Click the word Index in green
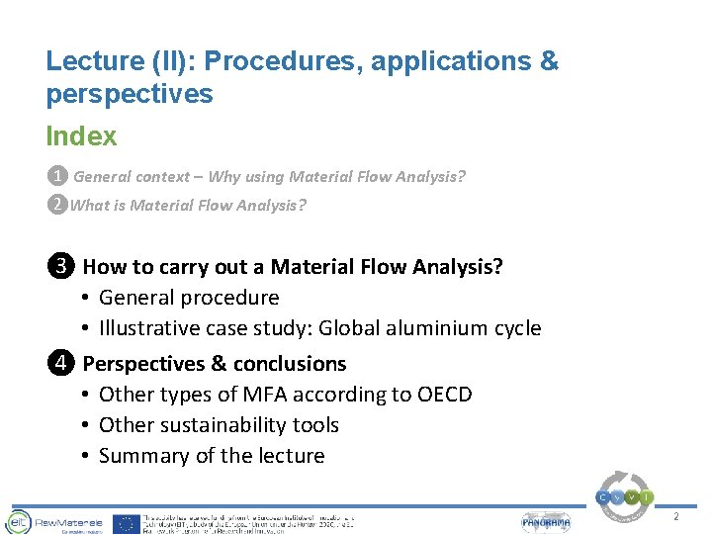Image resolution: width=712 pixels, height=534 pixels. (x=81, y=136)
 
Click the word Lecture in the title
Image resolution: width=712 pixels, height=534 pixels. (x=93, y=61)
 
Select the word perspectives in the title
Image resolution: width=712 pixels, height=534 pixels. (x=129, y=94)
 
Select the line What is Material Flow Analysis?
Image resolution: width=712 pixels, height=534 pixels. (x=188, y=206)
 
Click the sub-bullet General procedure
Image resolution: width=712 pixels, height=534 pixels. (x=189, y=298)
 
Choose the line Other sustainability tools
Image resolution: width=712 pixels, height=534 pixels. (x=219, y=425)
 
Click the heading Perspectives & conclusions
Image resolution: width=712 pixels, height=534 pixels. (x=215, y=364)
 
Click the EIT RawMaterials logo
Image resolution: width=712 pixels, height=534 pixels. (x=50, y=521)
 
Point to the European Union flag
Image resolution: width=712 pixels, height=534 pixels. (x=126, y=522)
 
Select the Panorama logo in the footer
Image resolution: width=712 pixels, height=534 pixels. (x=547, y=522)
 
